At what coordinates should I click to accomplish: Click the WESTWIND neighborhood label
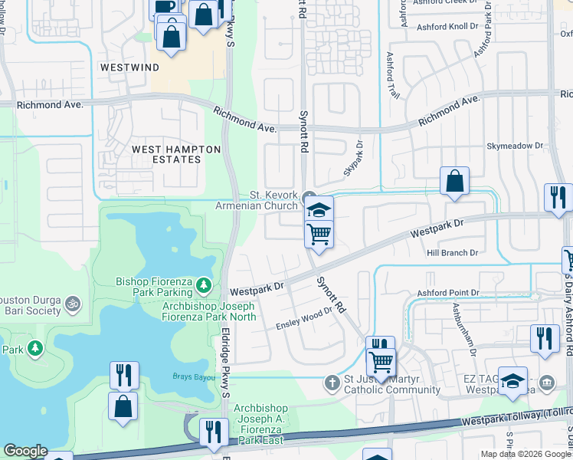[x=129, y=67]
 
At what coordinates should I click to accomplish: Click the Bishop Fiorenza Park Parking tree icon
[x=204, y=285]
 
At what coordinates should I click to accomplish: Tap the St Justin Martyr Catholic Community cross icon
[x=332, y=381]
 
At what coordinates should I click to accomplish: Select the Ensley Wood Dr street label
[x=304, y=319]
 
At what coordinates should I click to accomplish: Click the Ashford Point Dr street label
[x=447, y=293]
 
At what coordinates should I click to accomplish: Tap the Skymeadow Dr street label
[x=514, y=145]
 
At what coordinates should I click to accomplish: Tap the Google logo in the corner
[x=25, y=451]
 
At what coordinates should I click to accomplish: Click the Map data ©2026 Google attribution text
[x=525, y=454]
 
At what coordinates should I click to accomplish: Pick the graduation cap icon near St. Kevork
[x=319, y=209]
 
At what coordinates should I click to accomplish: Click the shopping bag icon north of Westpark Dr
[x=454, y=182]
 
